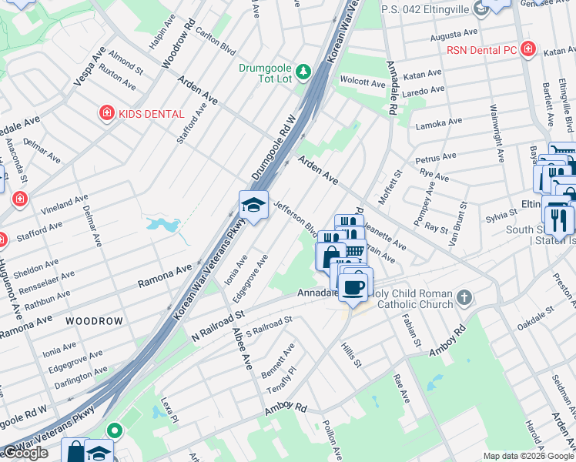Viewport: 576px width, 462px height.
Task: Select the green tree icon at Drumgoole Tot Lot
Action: (304, 72)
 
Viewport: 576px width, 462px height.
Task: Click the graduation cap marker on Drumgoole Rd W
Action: (253, 206)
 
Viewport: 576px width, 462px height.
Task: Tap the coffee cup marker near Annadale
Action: (354, 287)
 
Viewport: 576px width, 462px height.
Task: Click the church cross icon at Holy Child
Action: (464, 297)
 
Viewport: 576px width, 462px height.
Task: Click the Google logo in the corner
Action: (25, 453)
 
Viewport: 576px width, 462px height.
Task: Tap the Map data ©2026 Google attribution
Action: (527, 456)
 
